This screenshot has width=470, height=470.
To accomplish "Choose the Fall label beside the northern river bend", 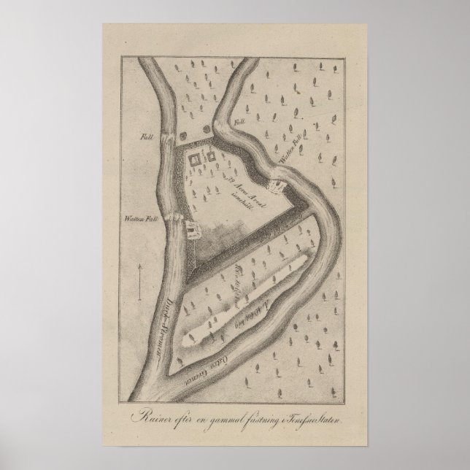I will point(239,121).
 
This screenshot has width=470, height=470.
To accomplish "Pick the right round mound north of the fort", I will point(211,129).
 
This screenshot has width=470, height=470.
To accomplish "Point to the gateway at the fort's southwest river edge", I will point(190,231).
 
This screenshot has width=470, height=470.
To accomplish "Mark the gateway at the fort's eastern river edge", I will point(278,187).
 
